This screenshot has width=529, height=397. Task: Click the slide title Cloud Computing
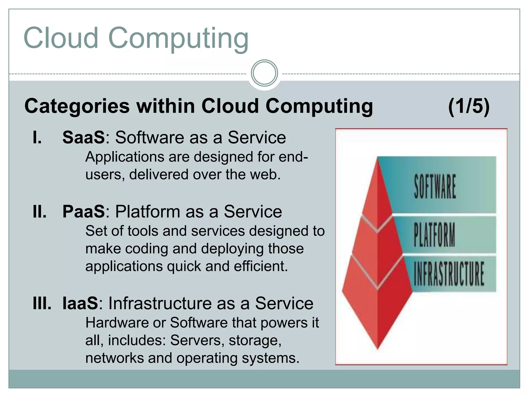(136, 38)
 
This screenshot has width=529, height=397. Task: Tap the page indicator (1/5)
(469, 106)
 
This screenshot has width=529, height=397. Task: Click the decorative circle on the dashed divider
(264, 73)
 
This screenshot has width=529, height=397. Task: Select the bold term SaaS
(84, 137)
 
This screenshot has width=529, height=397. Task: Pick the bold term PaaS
(84, 211)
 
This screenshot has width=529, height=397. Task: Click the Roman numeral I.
(37, 137)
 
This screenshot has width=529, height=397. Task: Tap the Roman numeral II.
(40, 211)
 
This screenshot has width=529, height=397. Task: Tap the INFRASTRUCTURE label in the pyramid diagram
(449, 274)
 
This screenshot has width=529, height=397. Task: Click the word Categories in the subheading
(77, 106)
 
